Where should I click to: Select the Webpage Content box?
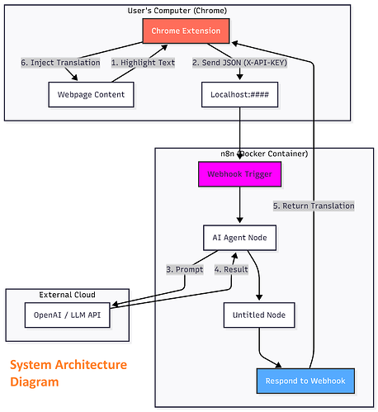tap(91, 95)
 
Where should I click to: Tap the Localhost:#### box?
tap(240, 95)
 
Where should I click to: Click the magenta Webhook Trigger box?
tap(240, 174)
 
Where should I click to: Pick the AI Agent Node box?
tap(240, 238)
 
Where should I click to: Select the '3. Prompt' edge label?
tap(184, 269)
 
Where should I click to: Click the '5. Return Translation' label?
tap(314, 206)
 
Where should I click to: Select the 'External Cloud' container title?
tap(68, 295)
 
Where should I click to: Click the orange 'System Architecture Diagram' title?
tap(69, 373)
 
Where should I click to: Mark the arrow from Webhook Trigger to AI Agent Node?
tap(240, 206)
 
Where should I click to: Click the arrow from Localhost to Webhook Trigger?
tap(240, 132)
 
